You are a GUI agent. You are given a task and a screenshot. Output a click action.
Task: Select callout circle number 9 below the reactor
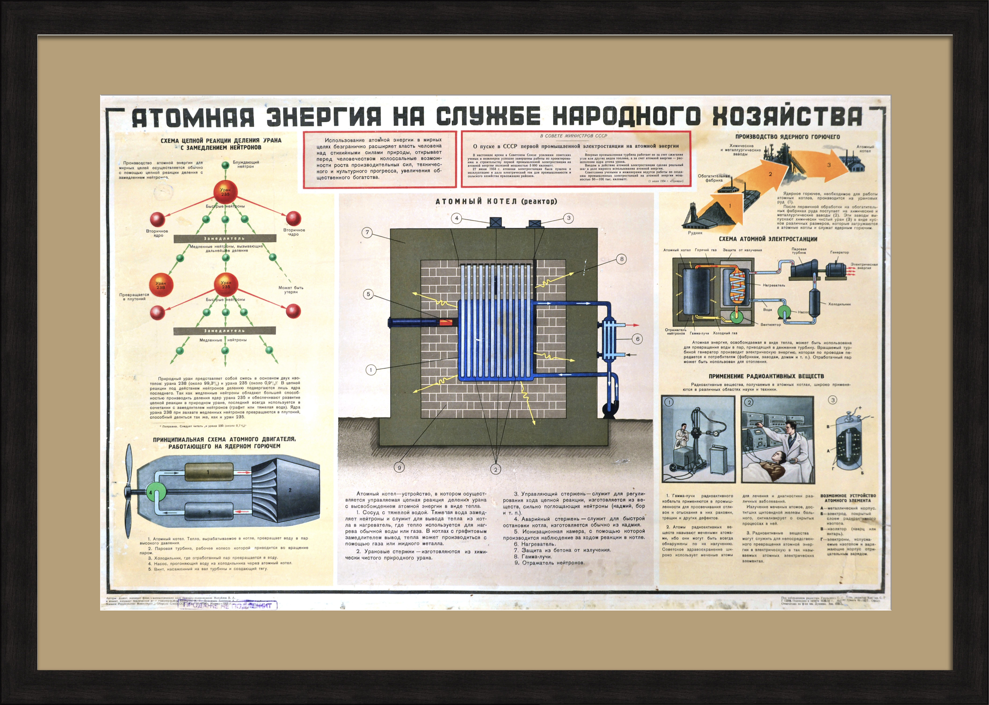(x=399, y=468)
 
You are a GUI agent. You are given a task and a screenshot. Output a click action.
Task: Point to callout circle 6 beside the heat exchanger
(x=637, y=339)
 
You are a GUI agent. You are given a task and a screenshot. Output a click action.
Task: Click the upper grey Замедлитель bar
(x=225, y=238)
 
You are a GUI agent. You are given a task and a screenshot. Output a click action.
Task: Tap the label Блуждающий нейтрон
(x=246, y=164)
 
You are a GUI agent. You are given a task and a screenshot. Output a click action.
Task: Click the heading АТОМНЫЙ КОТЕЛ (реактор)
(x=496, y=201)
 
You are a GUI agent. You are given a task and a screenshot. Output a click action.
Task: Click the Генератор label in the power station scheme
(x=839, y=252)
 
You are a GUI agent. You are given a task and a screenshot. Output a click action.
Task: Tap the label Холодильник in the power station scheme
(x=839, y=304)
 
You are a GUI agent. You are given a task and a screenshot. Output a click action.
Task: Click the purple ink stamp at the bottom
(x=228, y=605)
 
